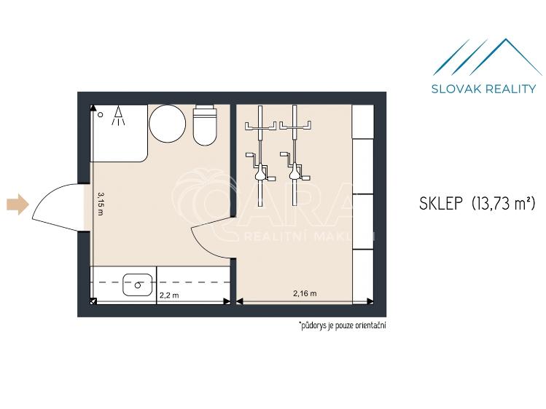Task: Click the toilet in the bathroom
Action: (205, 125)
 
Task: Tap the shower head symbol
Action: (118, 116)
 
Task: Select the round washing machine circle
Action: (167, 123)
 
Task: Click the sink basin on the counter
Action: (137, 285)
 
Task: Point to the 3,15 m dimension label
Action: (101, 204)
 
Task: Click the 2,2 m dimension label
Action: (169, 295)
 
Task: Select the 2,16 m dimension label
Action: (305, 293)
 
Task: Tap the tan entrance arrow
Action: (17, 204)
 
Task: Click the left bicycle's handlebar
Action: (260, 126)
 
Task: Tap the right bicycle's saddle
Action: (295, 172)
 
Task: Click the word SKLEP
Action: (441, 204)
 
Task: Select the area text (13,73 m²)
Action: (503, 203)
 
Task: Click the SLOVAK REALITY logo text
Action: (483, 89)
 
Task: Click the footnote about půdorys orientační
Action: (342, 325)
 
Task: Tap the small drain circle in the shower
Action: (101, 114)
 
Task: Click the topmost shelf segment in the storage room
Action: (362, 122)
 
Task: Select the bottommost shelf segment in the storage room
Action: (362, 277)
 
